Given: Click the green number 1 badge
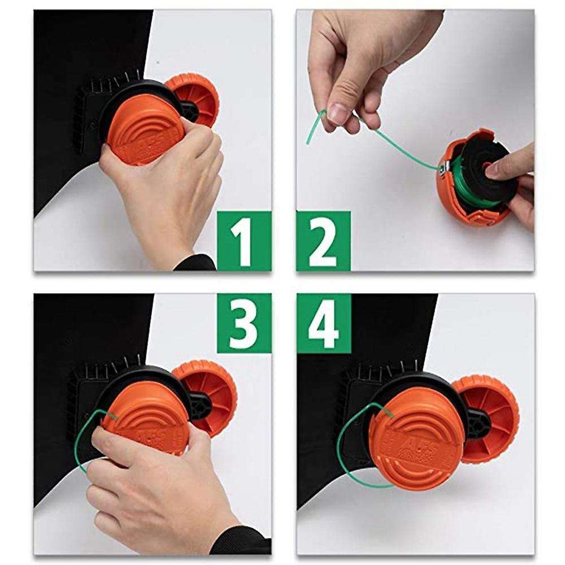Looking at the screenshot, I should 244,240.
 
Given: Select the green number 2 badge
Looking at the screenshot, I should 323,240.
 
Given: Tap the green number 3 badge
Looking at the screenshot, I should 244,323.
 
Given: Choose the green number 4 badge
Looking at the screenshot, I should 323,323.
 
